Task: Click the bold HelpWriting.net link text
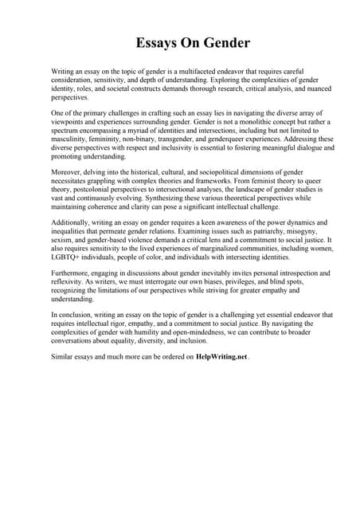click(221, 356)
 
